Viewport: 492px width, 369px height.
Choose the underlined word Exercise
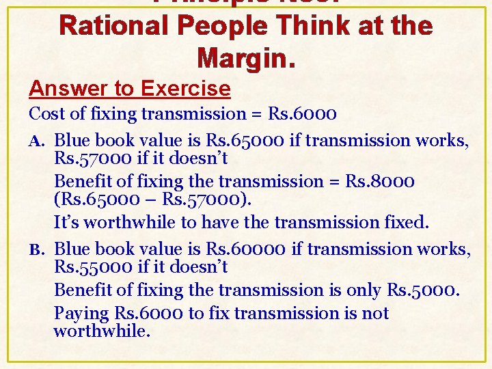coord(186,88)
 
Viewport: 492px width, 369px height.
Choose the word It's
coord(67,222)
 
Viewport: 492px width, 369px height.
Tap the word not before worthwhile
coord(376,314)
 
